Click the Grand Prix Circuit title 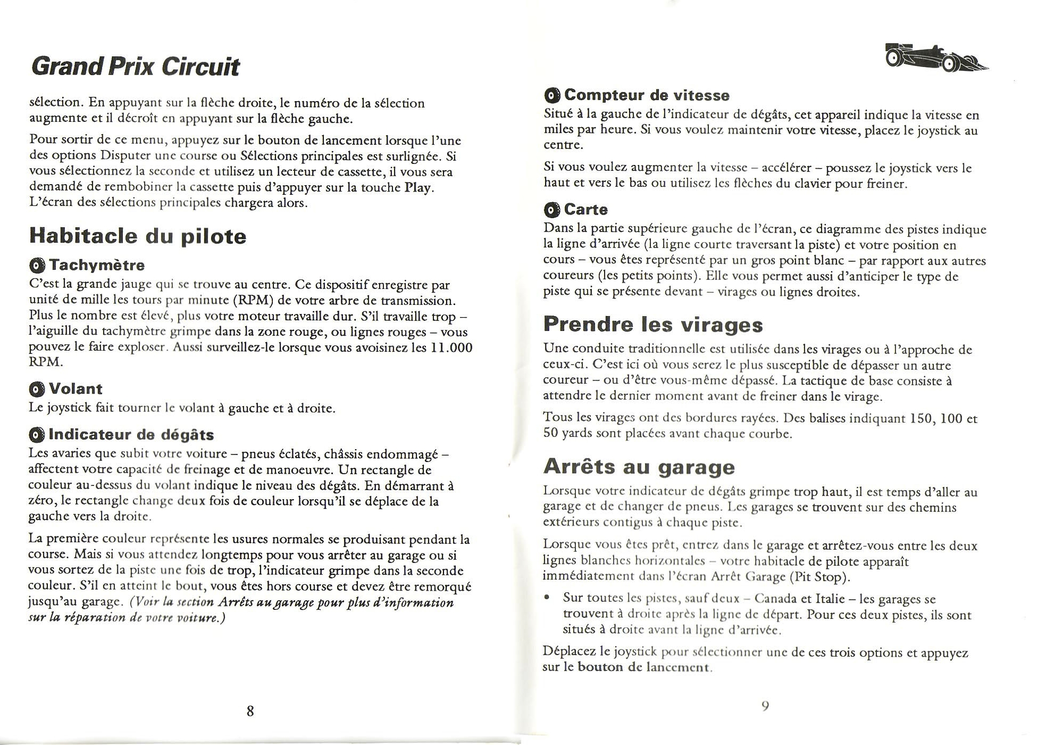click(x=136, y=68)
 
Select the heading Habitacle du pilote click(x=138, y=236)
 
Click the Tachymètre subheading click(x=96, y=265)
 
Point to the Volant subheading click(x=75, y=389)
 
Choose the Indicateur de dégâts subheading click(x=131, y=435)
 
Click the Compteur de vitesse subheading click(x=647, y=95)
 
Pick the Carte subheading click(x=585, y=210)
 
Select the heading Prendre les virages click(x=653, y=324)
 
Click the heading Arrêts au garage click(x=639, y=467)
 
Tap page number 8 click(x=250, y=711)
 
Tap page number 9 click(x=765, y=706)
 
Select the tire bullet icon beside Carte click(x=552, y=210)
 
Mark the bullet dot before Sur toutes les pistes click(x=547, y=599)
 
